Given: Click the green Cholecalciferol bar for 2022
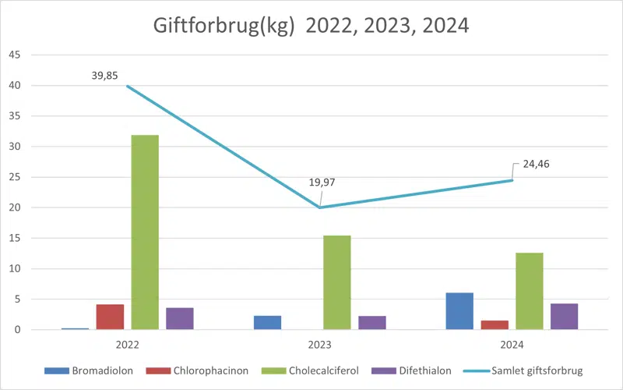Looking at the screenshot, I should tap(145, 232).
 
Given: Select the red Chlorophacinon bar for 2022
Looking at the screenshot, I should tap(110, 317).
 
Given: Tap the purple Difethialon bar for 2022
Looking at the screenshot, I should tap(180, 318).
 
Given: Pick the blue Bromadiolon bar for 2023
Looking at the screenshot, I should tap(267, 322).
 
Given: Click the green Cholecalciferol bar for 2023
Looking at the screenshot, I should tap(337, 282).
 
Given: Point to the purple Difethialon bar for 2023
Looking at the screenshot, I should tap(372, 322).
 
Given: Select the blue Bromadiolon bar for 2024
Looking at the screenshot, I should tap(459, 311).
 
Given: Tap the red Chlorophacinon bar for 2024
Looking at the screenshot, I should tap(495, 324).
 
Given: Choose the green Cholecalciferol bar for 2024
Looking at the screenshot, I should tap(530, 291).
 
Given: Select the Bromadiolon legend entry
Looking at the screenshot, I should tap(99, 370).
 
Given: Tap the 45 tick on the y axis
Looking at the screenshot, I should tap(15, 55).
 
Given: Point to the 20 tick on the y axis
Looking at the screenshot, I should tap(15, 207).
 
